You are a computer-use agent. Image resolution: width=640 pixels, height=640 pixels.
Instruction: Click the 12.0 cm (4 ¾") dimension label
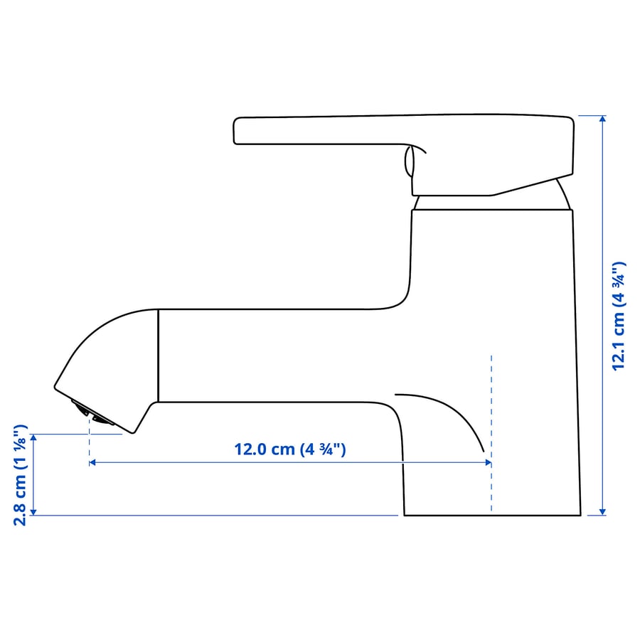pos(289,449)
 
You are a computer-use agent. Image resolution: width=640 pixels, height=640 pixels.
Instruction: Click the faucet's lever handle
pos(398,132)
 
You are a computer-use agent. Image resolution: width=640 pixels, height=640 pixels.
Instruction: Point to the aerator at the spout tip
pos(91,412)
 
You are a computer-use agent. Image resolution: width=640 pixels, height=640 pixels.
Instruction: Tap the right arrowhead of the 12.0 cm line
pos(487,462)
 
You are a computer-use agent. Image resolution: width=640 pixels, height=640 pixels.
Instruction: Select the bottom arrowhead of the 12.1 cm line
pos(603,511)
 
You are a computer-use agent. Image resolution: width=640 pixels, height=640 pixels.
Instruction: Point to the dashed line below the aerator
pos(89,441)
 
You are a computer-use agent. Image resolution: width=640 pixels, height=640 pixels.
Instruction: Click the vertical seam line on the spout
pos(158,356)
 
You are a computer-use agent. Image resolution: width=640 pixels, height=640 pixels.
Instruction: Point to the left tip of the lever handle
pos(237,132)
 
